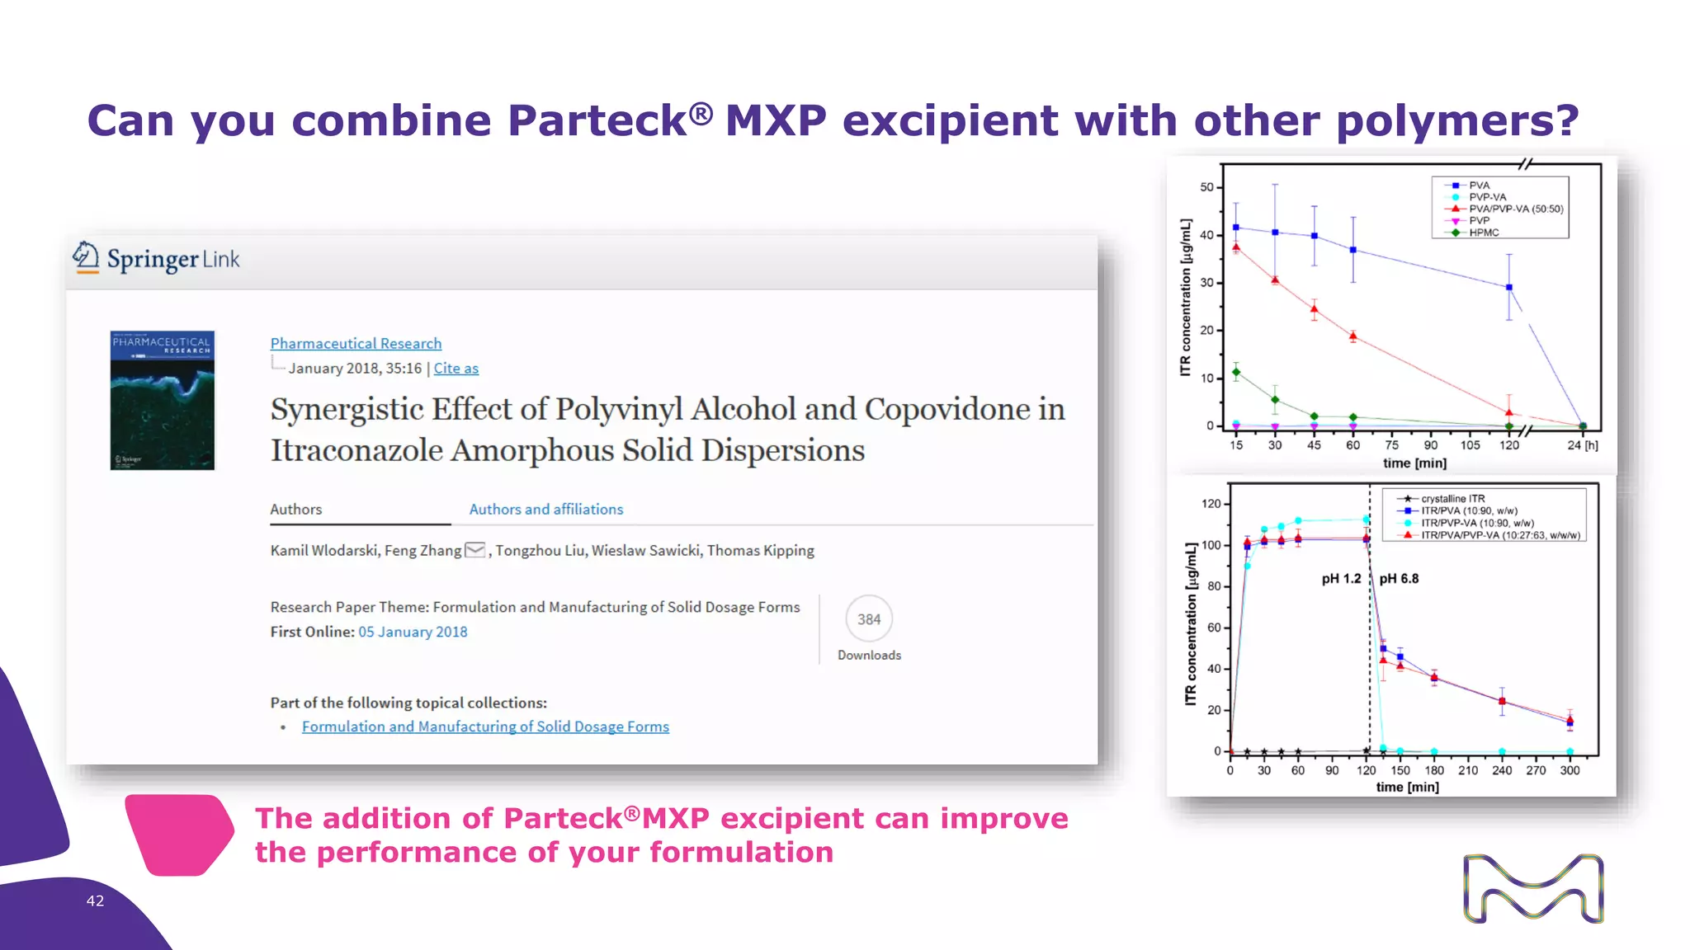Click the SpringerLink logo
[x=156, y=259]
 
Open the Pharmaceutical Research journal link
[x=356, y=343]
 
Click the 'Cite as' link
[x=456, y=368]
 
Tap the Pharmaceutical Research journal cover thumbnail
[x=163, y=400]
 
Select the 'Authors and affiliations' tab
[x=545, y=509]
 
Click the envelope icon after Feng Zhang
[x=475, y=550]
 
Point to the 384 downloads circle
[x=869, y=619]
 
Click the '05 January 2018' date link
[x=413, y=632]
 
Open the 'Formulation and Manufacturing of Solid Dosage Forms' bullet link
[x=485, y=727]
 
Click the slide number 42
[x=95, y=901]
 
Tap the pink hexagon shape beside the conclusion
[x=179, y=835]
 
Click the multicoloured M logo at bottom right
[x=1533, y=888]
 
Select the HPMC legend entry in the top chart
[x=1484, y=233]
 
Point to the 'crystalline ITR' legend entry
[x=1452, y=499]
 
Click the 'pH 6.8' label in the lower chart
[x=1399, y=579]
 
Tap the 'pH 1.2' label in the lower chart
[x=1341, y=579]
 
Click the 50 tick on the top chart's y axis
[x=1206, y=187]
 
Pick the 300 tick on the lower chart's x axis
[x=1570, y=770]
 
